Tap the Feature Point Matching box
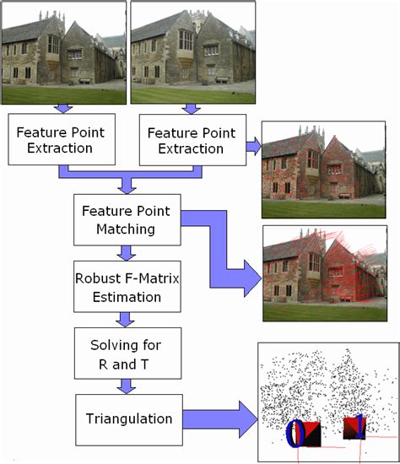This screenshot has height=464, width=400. coord(127,218)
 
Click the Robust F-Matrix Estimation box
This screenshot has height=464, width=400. coord(127,287)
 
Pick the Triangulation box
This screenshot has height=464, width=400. coord(127,418)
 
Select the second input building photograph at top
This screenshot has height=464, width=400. coord(192,52)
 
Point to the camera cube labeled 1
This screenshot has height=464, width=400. coord(354,428)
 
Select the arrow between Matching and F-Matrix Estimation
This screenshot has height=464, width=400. coord(127,252)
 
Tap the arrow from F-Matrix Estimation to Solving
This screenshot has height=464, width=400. coord(127,319)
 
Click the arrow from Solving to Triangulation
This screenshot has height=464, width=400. coord(127,386)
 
